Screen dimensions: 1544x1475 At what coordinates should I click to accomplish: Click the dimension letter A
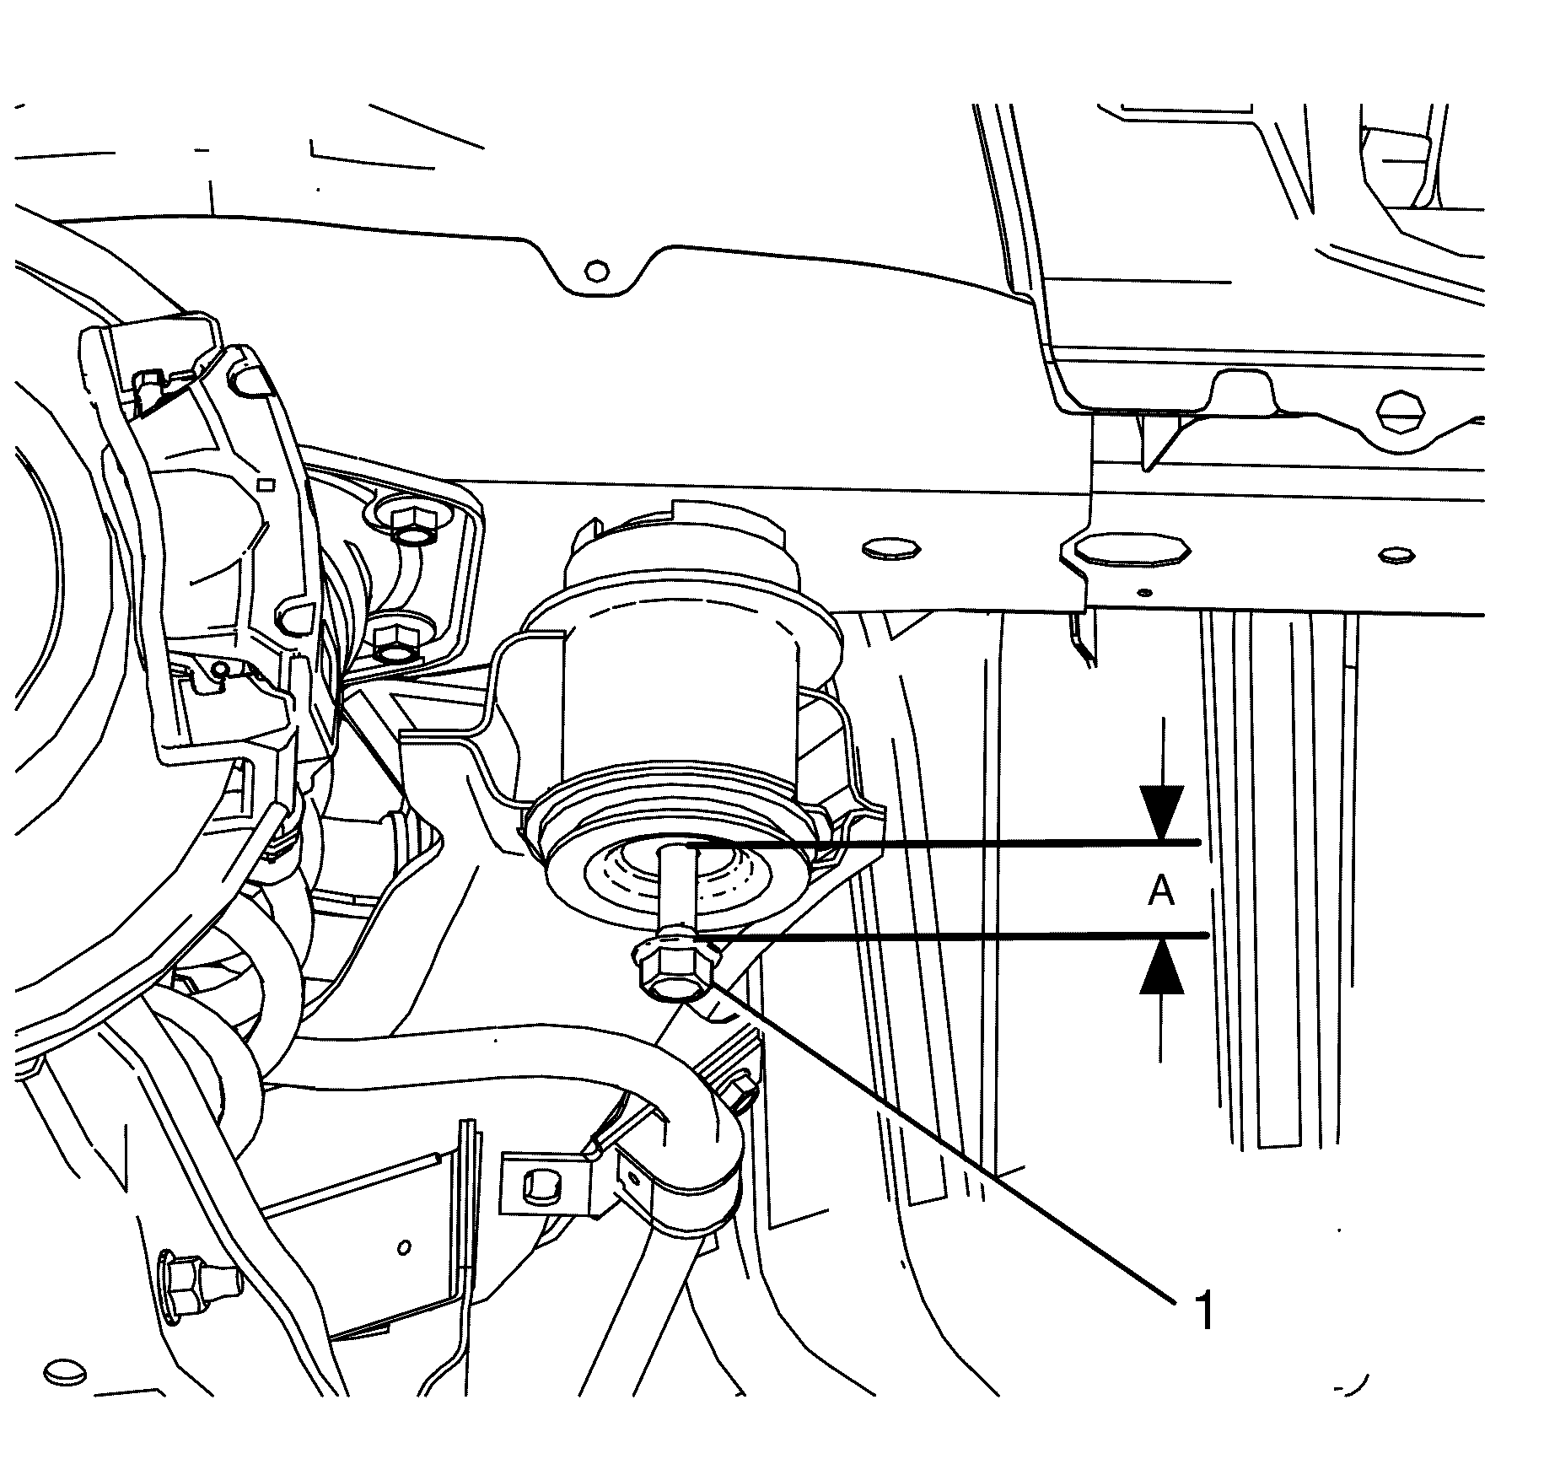[x=1161, y=890]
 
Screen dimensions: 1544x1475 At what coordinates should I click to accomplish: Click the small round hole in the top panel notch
[x=596, y=271]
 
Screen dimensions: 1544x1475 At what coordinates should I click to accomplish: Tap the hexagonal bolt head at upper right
[x=1400, y=411]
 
